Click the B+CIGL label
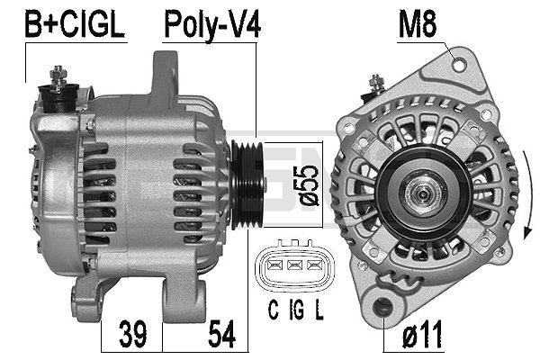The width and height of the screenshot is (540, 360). (x=75, y=24)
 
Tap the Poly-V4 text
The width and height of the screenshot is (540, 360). (x=211, y=24)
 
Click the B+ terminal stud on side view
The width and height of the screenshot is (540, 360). (x=61, y=81)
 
